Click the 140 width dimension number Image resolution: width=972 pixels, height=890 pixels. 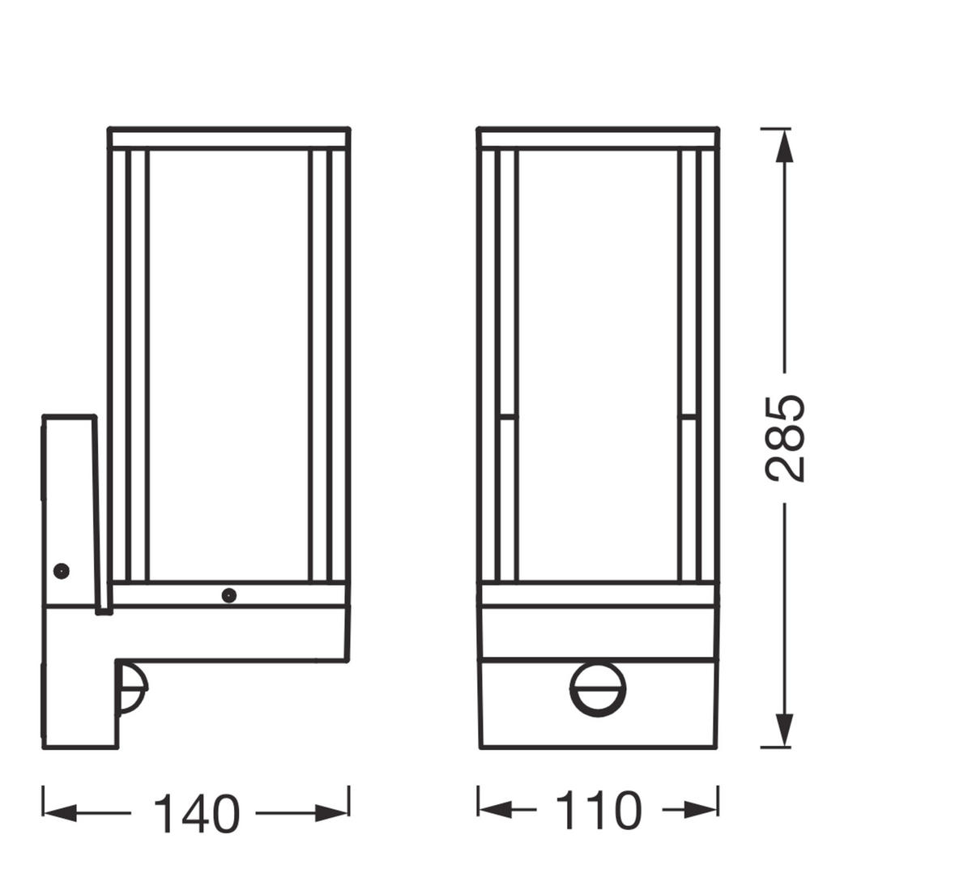pos(196,813)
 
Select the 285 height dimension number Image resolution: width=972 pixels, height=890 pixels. pos(785,438)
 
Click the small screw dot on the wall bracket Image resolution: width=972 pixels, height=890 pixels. pos(61,570)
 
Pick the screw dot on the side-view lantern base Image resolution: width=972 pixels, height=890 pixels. pos(229,596)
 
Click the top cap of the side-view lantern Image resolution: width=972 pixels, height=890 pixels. pos(229,138)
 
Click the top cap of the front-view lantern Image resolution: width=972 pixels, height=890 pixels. pos(598,138)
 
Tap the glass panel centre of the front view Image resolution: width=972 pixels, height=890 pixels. pos(598,364)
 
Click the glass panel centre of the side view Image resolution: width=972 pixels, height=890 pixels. pos(228,364)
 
